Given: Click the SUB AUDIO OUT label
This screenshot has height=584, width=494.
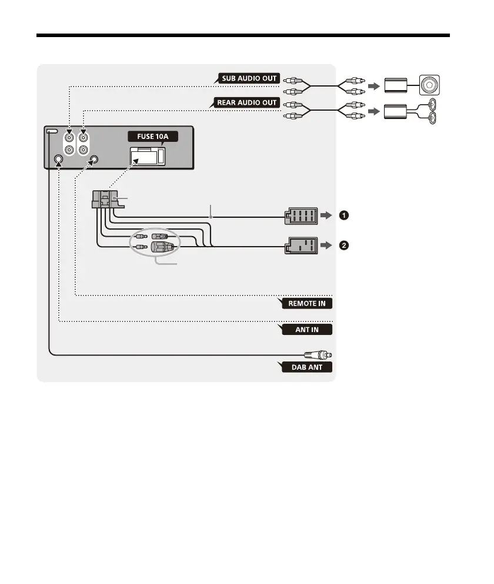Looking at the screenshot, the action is click(x=249, y=78).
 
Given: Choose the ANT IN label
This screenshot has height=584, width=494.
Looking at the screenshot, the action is click(x=306, y=329).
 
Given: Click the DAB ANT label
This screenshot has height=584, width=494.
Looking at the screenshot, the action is click(x=305, y=367).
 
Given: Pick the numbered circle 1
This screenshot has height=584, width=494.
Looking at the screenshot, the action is click(x=344, y=216).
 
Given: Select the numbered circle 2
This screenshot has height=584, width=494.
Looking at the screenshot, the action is click(x=344, y=245).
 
